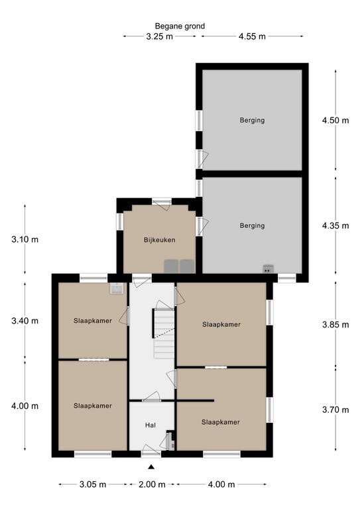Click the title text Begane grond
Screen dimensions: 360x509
click(180, 27)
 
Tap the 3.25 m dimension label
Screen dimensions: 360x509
click(159, 36)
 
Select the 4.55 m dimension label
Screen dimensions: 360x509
click(252, 36)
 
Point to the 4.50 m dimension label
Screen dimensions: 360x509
click(335, 121)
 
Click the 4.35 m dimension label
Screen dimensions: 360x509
click(335, 225)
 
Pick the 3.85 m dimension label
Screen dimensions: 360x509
click(335, 325)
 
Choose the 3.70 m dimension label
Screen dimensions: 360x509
click(335, 410)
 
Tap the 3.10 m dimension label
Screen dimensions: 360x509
click(25, 239)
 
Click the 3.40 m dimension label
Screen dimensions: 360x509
click(25, 321)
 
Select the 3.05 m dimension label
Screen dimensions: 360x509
click(93, 484)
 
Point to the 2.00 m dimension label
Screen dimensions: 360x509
click(152, 484)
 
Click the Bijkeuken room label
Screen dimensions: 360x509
click(159, 240)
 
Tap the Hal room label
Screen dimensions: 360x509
click(150, 425)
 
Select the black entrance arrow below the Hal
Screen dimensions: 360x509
click(151, 467)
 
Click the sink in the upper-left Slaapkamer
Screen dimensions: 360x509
click(116, 288)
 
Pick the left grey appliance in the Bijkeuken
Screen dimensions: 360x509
click(171, 266)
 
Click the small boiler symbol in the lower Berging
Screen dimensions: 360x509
click(268, 269)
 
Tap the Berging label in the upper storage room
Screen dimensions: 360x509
click(252, 121)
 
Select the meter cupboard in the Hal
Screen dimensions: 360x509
click(170, 440)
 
